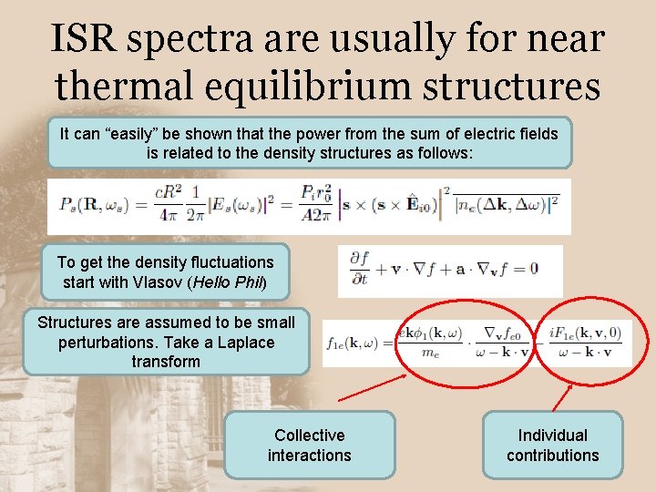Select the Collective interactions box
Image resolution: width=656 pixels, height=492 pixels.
pyautogui.click(x=310, y=445)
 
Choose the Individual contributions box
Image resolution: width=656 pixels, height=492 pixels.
pyautogui.click(x=553, y=445)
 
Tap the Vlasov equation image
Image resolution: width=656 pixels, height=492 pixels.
pyautogui.click(x=450, y=271)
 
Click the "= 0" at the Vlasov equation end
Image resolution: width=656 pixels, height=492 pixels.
pyautogui.click(x=526, y=269)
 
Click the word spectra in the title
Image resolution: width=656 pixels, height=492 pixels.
pyautogui.click(x=193, y=39)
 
